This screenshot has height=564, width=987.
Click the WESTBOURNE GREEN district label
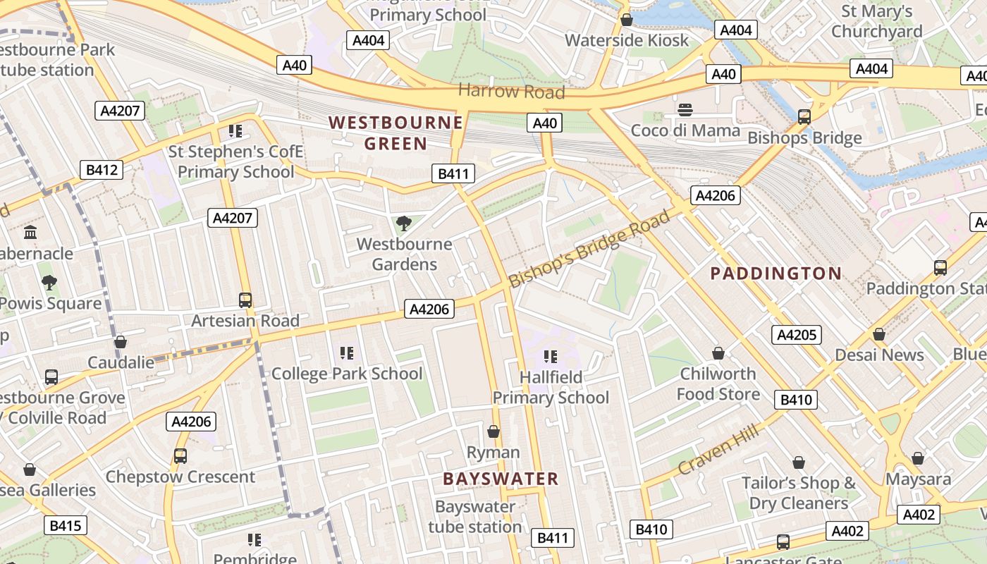(x=396, y=133)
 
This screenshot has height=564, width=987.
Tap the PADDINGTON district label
(x=775, y=274)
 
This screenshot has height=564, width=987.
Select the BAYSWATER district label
(x=501, y=479)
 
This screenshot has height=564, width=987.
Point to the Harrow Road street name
(x=511, y=91)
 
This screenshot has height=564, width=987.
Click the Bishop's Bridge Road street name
(x=589, y=249)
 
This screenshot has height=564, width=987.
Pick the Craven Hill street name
(x=720, y=449)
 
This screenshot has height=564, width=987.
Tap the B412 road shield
(x=102, y=170)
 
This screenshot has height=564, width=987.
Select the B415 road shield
(x=66, y=525)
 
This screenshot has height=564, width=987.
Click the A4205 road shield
(x=797, y=334)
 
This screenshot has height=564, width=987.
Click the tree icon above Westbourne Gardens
(x=404, y=224)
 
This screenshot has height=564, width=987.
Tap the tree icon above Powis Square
(x=49, y=283)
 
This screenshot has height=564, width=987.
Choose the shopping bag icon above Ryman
(x=493, y=431)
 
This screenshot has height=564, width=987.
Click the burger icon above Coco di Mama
(x=685, y=110)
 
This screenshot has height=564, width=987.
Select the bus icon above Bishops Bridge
(x=804, y=117)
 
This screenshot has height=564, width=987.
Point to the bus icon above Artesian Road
(x=245, y=300)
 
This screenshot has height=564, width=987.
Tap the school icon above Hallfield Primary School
(x=551, y=357)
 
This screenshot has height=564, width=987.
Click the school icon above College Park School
(x=346, y=352)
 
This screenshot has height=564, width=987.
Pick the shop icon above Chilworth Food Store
(x=718, y=353)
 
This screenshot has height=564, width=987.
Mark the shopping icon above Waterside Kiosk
(x=626, y=20)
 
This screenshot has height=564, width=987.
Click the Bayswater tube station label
(x=475, y=517)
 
